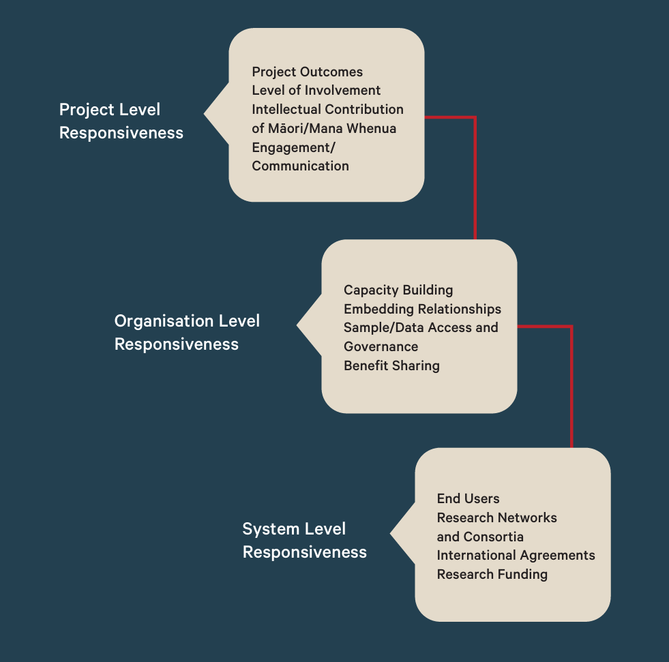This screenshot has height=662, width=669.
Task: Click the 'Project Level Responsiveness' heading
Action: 121,121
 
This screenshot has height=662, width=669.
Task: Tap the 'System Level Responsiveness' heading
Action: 304,541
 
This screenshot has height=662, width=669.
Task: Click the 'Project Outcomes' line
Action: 307,72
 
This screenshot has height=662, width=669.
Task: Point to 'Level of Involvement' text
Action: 316,91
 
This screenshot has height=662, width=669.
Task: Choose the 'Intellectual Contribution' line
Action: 327,110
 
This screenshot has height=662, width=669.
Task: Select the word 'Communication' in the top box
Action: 300,166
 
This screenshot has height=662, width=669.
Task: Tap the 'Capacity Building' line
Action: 398,290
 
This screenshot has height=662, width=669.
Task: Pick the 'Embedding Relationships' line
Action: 422,310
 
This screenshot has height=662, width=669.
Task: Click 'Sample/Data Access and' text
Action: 421,328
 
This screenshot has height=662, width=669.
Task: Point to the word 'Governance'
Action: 381,346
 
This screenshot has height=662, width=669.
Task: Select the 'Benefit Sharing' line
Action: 391,365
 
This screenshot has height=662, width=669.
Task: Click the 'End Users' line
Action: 468,499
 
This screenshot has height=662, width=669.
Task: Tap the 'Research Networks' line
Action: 496,518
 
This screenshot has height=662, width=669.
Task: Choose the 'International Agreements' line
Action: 516,556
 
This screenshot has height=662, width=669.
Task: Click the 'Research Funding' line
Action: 492,574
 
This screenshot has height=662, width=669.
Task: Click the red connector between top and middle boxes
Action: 475,177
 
